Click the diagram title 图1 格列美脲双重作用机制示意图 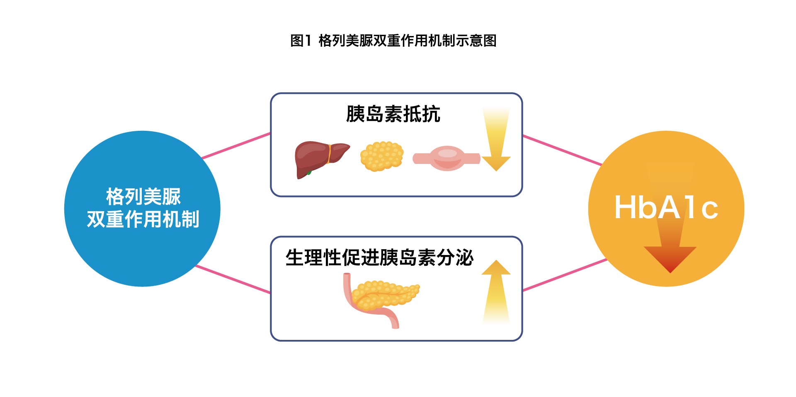tap(393, 41)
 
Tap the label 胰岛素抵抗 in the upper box tap(393, 114)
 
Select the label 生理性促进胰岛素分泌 tap(379, 257)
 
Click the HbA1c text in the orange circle tap(666, 208)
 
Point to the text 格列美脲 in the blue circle tap(143, 197)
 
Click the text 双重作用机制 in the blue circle tap(143, 219)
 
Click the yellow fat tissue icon tap(382, 156)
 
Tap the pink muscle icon tap(447, 158)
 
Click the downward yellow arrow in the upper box tap(496, 141)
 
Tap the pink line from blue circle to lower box tap(233, 279)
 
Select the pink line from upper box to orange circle tap(562, 150)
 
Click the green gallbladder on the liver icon tap(309, 172)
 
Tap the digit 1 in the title tap(307, 41)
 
